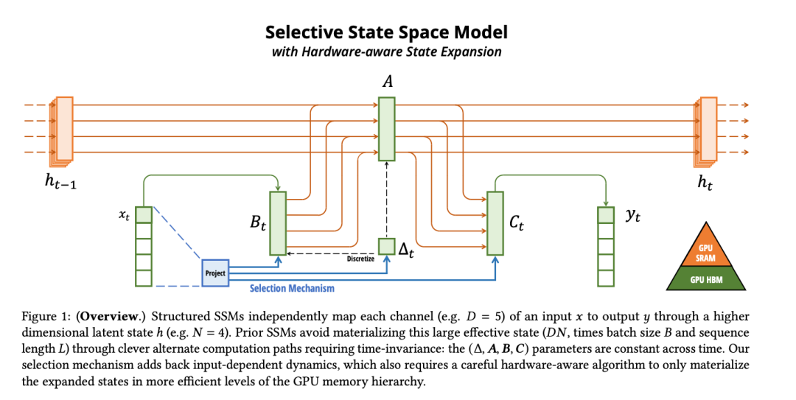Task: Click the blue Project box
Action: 215,273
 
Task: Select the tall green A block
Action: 387,129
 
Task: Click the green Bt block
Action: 278,222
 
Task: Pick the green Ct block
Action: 495,222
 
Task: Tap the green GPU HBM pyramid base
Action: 706,281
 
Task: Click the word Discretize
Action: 360,259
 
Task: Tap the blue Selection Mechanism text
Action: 292,289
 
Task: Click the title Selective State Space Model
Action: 386,32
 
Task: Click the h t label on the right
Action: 705,184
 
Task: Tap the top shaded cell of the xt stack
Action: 144,215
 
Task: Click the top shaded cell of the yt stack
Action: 605,215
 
